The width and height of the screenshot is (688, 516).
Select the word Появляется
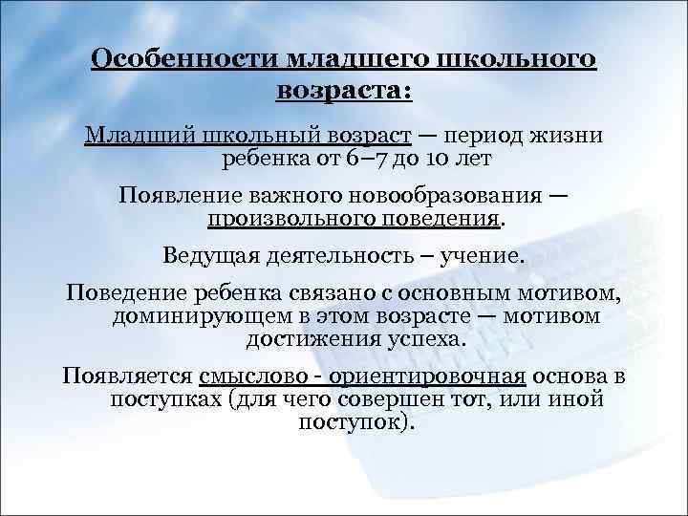pos(125,376)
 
